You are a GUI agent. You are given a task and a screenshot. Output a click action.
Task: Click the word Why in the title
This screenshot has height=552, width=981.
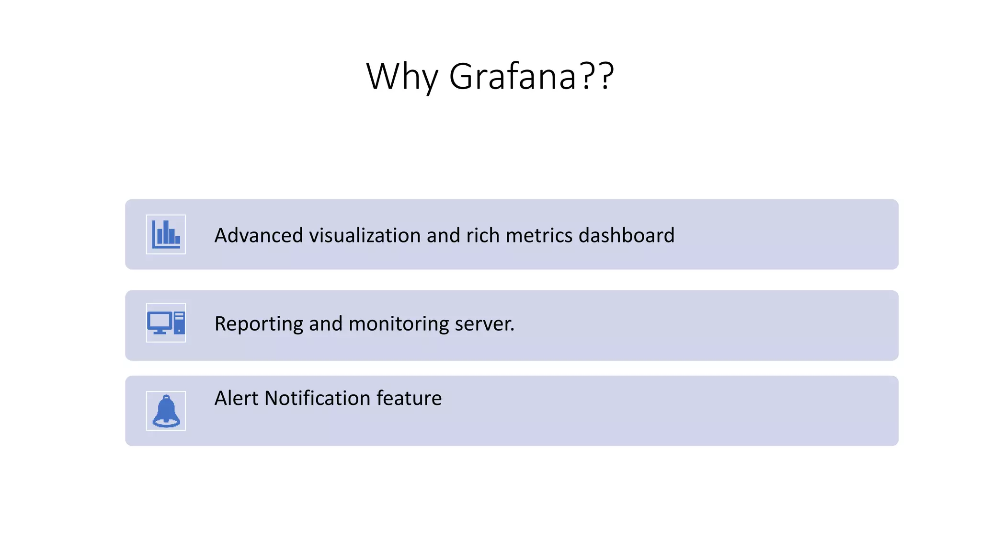pos(401,77)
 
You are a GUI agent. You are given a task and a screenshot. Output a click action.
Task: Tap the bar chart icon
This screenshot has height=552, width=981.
pos(166,234)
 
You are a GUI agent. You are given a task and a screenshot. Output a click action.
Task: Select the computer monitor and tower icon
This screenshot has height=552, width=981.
pos(166,322)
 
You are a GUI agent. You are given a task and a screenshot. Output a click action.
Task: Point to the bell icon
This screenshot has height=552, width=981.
pos(166,411)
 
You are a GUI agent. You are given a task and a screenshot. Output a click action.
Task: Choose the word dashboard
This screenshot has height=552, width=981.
pos(626,235)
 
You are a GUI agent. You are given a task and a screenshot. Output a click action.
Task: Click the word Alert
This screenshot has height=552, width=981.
pos(236,398)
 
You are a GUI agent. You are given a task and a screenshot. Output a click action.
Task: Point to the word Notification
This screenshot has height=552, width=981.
pos(317,398)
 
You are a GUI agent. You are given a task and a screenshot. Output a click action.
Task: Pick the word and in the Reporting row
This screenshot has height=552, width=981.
pos(326,324)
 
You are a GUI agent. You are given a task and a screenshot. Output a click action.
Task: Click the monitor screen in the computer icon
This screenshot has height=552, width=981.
pos(160,321)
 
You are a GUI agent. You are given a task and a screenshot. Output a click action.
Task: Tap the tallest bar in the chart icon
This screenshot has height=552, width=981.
pos(166,232)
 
